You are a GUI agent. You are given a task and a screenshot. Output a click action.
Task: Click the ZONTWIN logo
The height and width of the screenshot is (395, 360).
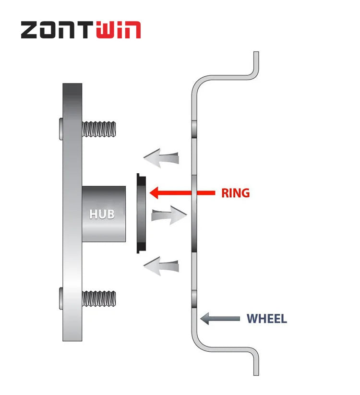click(81, 30)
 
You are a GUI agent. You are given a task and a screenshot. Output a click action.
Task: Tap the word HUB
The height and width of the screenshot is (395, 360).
click(102, 214)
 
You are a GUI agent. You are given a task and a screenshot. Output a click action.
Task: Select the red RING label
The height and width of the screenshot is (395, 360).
click(235, 193)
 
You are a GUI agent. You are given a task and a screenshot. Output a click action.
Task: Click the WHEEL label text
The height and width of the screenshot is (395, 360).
click(266, 319)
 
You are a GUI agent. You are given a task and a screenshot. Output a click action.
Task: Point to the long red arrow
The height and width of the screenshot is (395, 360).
click(182, 193)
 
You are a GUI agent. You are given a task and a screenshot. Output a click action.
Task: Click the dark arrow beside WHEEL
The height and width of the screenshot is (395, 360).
click(220, 318)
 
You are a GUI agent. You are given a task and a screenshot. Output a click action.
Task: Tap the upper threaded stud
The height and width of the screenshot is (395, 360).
click(99, 129)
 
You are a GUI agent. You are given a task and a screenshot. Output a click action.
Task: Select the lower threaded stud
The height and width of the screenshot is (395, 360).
click(99, 299)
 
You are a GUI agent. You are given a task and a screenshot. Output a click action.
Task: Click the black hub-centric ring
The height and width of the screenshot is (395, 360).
click(140, 214)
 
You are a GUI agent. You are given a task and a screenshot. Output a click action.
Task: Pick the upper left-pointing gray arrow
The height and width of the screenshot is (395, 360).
click(162, 158)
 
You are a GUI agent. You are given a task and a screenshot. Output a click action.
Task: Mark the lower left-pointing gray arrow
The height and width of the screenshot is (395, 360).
click(162, 265)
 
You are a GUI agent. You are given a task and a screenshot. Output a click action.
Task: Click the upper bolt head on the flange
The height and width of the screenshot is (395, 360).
click(60, 129)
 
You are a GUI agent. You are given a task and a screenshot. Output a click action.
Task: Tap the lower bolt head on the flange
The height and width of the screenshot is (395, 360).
click(60, 298)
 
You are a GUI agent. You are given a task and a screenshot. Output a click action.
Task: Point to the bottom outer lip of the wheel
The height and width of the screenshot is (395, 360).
click(256, 362)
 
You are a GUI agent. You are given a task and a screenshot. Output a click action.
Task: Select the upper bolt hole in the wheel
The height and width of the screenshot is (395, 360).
click(194, 129)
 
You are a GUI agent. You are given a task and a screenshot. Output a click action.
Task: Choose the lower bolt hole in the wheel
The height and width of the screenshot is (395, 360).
click(194, 299)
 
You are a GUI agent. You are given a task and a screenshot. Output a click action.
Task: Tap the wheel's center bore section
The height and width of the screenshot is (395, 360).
click(194, 214)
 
